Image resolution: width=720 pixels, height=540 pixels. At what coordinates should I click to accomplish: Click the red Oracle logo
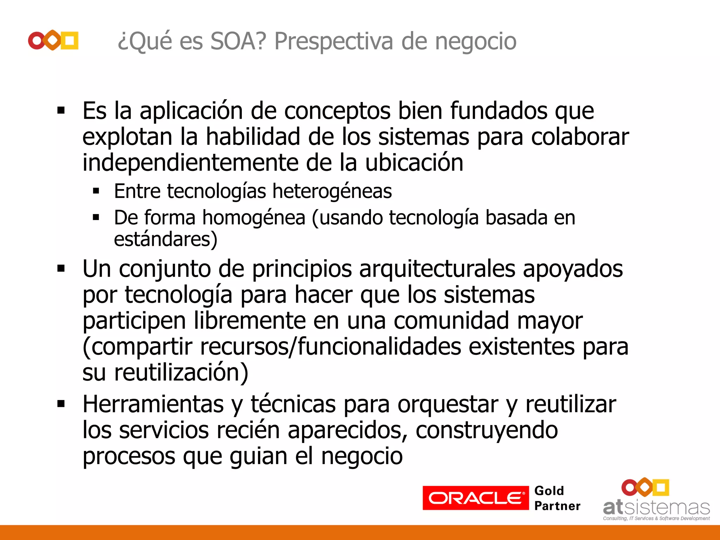click(x=475, y=498)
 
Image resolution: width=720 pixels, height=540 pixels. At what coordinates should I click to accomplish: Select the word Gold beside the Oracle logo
click(x=549, y=490)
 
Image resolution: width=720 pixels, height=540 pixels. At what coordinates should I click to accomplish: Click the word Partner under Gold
click(x=557, y=506)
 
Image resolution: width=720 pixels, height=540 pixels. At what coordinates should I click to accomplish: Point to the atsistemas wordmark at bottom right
click(x=656, y=507)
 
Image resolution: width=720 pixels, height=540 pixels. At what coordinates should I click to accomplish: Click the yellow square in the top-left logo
click(x=70, y=40)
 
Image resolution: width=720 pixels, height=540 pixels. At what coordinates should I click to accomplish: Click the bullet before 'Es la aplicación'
click(x=61, y=111)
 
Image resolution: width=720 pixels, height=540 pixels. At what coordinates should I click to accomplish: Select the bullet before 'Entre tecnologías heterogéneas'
click(x=96, y=191)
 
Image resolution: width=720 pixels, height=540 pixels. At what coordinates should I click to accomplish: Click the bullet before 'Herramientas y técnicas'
click(x=61, y=404)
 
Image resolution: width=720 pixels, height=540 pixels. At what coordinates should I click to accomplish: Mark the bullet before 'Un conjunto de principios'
click(x=61, y=269)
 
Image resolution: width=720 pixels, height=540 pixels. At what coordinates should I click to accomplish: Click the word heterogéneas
click(x=332, y=191)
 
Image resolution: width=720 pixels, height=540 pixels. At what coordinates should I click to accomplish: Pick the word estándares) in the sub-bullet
click(x=166, y=239)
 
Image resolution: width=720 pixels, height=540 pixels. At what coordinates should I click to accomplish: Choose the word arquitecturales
click(x=437, y=269)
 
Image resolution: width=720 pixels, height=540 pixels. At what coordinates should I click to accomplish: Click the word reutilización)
click(x=181, y=372)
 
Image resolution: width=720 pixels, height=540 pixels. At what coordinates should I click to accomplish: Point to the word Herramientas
click(x=153, y=404)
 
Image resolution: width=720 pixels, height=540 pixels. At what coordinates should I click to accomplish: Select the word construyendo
click(x=487, y=430)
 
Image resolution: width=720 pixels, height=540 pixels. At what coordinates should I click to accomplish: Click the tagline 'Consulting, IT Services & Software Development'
click(x=656, y=518)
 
